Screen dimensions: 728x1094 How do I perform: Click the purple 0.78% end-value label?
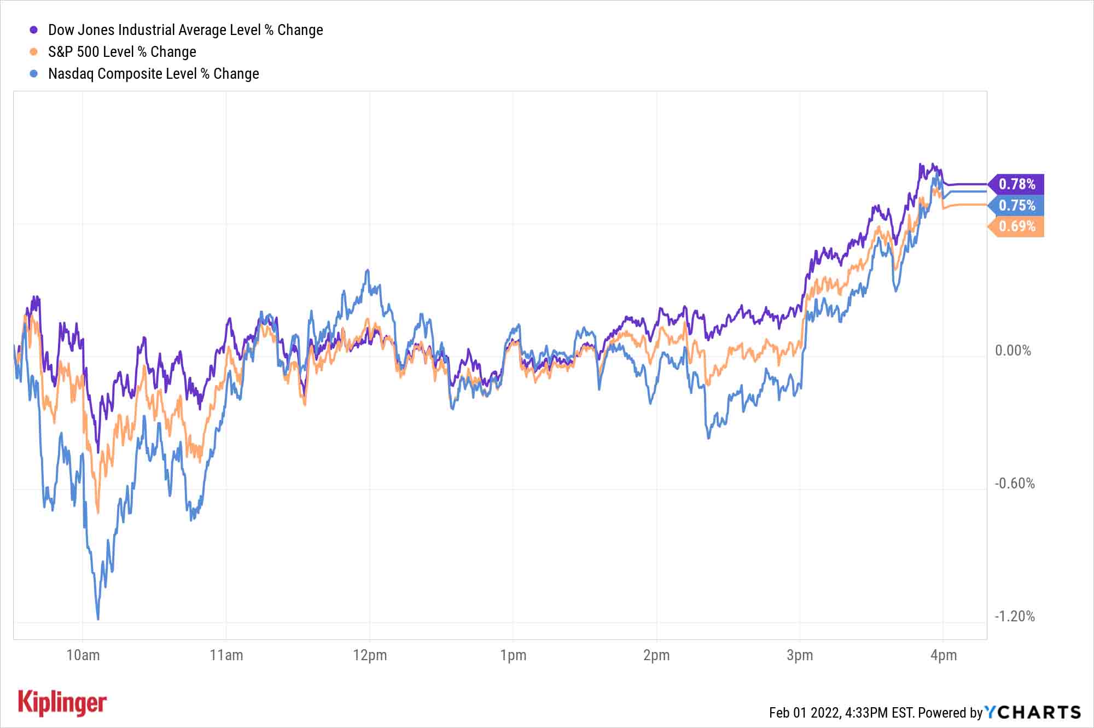[1017, 184]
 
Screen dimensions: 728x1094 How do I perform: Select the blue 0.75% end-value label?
[1017, 205]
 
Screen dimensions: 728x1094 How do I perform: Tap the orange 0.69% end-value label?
[1017, 226]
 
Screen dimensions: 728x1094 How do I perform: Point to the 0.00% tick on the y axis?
[1012, 351]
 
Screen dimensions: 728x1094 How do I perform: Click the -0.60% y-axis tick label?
[1015, 484]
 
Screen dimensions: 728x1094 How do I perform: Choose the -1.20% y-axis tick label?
[1015, 616]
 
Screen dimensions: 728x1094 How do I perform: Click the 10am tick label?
[83, 655]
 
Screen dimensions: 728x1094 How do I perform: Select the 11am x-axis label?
[226, 655]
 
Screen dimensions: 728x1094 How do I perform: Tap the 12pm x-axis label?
[370, 655]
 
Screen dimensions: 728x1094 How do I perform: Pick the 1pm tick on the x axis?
[513, 655]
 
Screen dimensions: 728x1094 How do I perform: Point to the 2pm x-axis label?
[656, 655]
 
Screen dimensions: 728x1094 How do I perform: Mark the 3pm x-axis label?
[800, 655]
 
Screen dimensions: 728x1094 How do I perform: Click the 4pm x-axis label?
[944, 655]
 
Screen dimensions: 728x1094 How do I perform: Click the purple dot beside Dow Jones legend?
[34, 30]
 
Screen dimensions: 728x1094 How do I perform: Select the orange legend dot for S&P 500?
[34, 52]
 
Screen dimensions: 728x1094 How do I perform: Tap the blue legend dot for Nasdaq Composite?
[34, 74]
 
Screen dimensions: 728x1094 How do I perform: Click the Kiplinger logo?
[62, 703]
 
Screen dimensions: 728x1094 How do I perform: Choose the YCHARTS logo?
[1033, 712]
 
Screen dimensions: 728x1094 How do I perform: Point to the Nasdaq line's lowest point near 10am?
[98, 619]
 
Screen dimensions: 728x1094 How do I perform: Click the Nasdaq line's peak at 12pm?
[368, 270]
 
